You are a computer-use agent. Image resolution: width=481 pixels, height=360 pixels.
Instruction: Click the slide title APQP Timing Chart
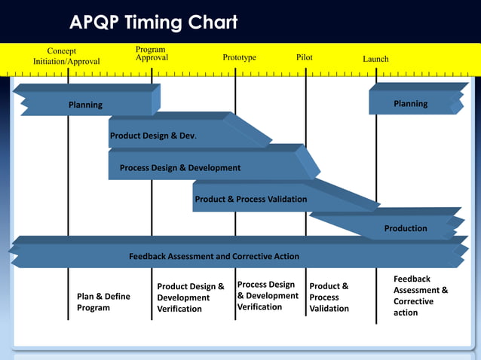pos(154,23)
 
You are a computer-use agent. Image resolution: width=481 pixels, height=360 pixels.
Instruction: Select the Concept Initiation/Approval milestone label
pos(66,56)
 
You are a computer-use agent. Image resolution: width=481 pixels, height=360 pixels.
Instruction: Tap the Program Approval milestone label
pos(152,53)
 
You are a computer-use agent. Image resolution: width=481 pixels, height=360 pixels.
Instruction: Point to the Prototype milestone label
pos(239,57)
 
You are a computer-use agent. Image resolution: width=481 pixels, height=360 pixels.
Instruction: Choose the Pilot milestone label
pos(305,57)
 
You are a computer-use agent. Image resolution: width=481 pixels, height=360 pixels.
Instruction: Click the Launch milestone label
pos(375,59)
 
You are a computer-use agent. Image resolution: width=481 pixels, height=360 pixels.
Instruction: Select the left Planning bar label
pos(85,105)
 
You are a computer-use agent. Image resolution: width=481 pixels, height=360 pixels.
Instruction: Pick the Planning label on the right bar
pos(410,104)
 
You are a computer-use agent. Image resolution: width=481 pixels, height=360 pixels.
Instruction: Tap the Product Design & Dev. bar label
pos(153,136)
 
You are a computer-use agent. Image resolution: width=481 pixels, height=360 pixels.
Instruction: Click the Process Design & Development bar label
pos(180,168)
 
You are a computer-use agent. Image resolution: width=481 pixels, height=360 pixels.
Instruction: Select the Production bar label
pos(406,228)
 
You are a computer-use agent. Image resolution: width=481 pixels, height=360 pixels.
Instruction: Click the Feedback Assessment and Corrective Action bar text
pos(213,256)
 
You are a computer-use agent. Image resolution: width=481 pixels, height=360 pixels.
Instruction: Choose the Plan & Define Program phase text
pos(103,302)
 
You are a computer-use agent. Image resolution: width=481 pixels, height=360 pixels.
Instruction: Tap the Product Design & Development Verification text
pos(191,297)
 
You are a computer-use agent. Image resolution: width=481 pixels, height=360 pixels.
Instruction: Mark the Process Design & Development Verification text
pos(268,296)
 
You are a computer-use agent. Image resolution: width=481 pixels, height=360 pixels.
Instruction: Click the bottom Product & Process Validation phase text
pos(329,297)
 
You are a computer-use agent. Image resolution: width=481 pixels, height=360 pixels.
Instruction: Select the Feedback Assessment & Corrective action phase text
pos(421,296)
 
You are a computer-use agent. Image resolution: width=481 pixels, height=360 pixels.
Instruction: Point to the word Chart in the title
pos(213,23)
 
